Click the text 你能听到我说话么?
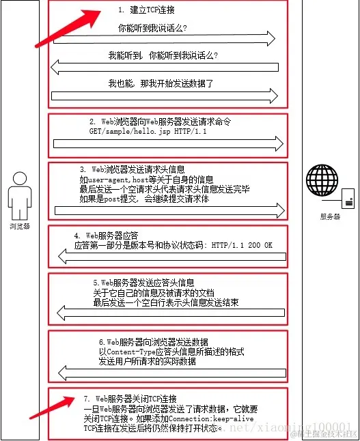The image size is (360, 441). tap(152, 29)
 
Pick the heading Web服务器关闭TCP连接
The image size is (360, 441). tap(130, 398)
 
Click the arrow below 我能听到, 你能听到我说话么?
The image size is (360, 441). tap(167, 67)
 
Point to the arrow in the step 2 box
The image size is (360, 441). tap(167, 143)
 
